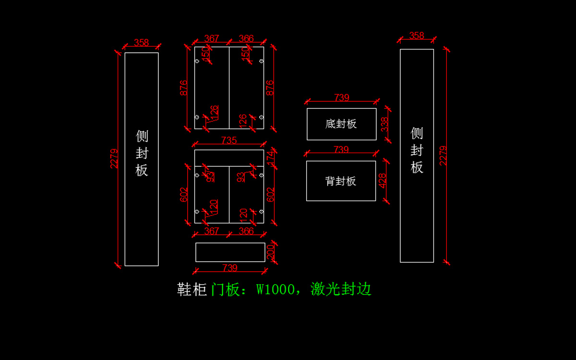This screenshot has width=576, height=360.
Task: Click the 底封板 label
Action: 341,124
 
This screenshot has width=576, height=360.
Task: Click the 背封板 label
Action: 341,181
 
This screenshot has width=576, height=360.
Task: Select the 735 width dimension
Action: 229,140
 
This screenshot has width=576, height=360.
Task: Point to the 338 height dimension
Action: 384,124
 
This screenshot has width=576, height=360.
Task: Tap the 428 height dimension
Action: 383,180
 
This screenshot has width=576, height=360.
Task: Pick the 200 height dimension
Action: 270,252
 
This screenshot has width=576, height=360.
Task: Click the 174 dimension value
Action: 270,156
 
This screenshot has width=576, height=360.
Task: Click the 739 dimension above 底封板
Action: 341,97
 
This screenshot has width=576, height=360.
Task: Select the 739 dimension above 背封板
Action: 341,150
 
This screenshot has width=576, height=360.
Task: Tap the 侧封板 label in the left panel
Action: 142,153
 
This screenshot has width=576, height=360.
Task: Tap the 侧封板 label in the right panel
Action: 417,150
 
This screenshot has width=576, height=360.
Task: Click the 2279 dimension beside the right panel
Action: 443,156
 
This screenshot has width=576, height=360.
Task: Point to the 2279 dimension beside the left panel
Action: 114,158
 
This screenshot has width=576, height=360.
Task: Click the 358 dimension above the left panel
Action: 141,42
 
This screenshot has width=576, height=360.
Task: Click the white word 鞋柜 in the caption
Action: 192,289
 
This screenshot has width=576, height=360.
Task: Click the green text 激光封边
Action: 341,289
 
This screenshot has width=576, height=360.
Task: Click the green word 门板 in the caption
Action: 225,289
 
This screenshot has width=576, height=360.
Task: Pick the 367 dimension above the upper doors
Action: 212,38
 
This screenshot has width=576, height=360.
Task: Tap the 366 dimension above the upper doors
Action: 246,38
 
